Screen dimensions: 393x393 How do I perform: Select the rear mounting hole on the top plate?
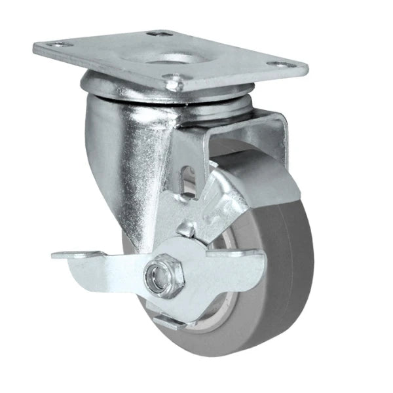tap(155, 33)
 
